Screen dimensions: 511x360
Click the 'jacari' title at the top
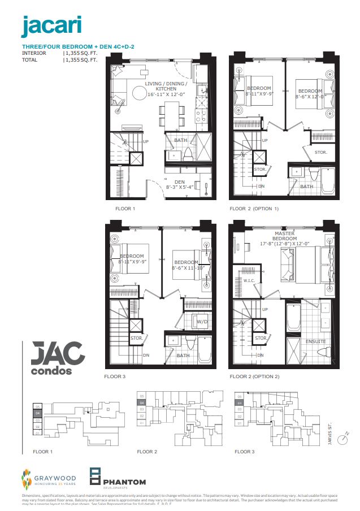pyautogui.click(x=51, y=25)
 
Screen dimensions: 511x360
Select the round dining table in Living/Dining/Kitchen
pyautogui.click(x=139, y=93)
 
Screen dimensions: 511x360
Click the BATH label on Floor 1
pyautogui.click(x=181, y=140)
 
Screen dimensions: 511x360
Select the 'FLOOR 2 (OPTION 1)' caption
pyautogui.click(x=254, y=209)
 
